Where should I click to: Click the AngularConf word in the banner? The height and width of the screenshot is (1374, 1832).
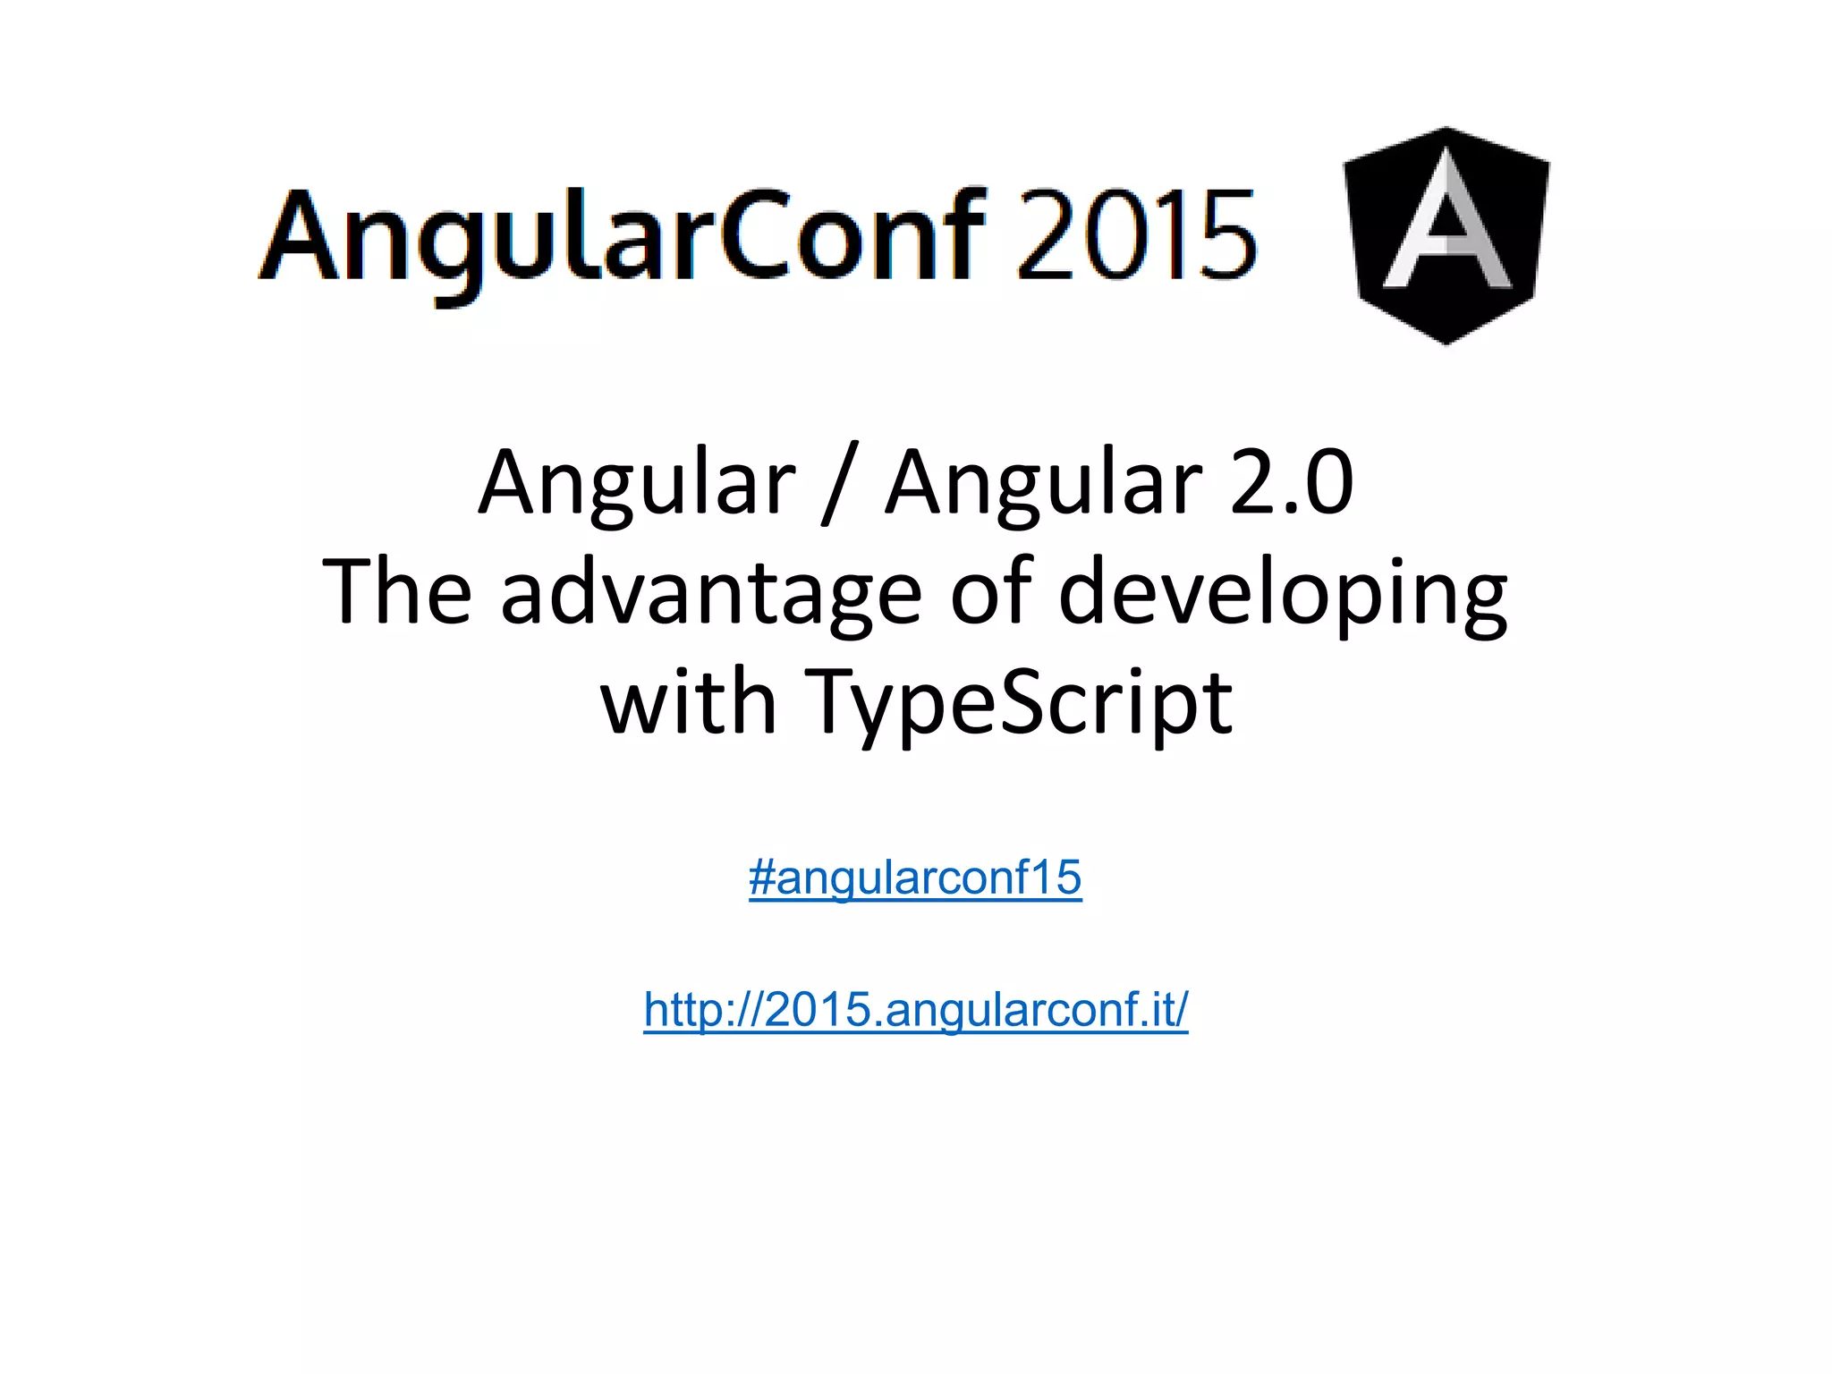coord(622,237)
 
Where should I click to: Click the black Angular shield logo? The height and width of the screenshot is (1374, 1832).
coord(1446,235)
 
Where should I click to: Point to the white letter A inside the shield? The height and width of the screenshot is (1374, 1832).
coord(1446,224)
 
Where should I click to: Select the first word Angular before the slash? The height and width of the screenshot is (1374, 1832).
coord(636,483)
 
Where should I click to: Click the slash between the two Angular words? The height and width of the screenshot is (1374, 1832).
coord(839,483)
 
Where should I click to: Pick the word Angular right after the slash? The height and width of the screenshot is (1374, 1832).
coord(1043,483)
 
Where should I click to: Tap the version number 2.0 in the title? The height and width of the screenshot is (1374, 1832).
coord(1292,483)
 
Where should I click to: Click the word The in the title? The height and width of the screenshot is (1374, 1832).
coord(397,592)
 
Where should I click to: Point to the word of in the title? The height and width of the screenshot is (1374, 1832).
coord(991,592)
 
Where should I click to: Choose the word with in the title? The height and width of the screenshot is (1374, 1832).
coord(687,702)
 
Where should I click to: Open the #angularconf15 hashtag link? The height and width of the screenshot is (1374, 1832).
coord(915,878)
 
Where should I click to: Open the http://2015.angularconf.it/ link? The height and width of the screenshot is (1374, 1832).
coord(915,1009)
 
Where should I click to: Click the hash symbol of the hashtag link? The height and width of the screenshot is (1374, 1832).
coord(761,878)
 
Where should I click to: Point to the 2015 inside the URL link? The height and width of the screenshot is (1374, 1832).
coord(818,1009)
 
